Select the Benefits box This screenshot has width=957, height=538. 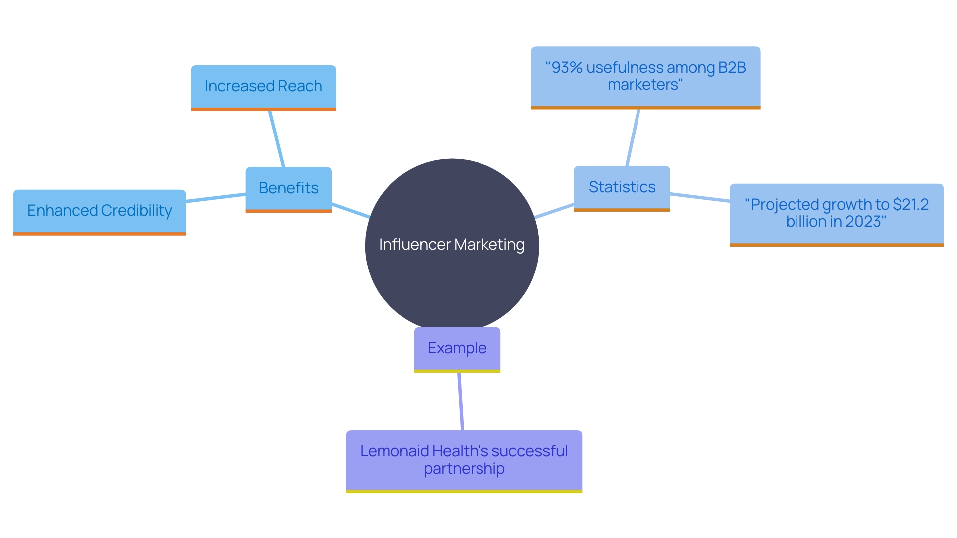288,188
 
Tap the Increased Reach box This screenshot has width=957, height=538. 263,86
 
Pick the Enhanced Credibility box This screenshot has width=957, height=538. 99,211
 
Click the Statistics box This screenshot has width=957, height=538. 622,187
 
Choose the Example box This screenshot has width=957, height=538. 457,348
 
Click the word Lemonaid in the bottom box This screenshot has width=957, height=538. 394,451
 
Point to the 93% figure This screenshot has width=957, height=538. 564,68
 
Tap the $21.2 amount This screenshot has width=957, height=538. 911,205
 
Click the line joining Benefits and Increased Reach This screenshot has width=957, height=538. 276,138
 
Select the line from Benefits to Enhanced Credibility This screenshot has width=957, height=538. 215,198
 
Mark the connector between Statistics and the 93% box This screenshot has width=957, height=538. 633,137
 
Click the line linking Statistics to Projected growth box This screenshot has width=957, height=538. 700,197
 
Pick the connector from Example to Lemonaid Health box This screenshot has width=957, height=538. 461,402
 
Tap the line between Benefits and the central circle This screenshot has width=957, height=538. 350,210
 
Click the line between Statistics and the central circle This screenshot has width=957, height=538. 554,211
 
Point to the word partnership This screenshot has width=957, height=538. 464,469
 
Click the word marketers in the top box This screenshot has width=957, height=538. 643,85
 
